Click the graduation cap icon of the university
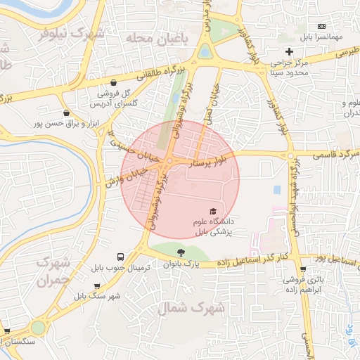click(x=212, y=210)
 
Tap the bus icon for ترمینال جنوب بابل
click(x=121, y=257)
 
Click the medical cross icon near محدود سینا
click(x=289, y=51)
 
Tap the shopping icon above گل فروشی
click(x=104, y=81)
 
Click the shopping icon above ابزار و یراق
click(x=66, y=112)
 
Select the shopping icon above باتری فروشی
click(x=303, y=268)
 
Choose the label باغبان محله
click(x=156, y=39)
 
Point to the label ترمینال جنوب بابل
click(x=116, y=269)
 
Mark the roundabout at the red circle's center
click(x=169, y=163)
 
